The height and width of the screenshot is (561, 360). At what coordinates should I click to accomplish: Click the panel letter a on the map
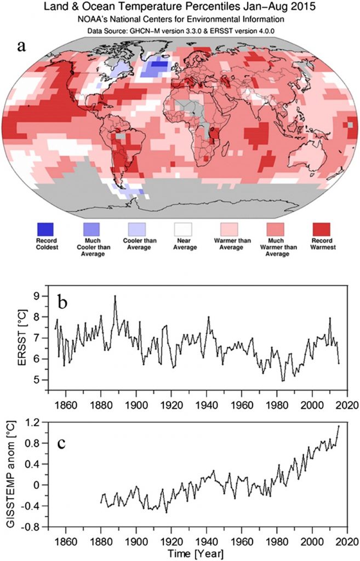click(x=22, y=46)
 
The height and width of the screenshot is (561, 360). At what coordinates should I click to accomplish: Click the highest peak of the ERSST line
click(x=115, y=296)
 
